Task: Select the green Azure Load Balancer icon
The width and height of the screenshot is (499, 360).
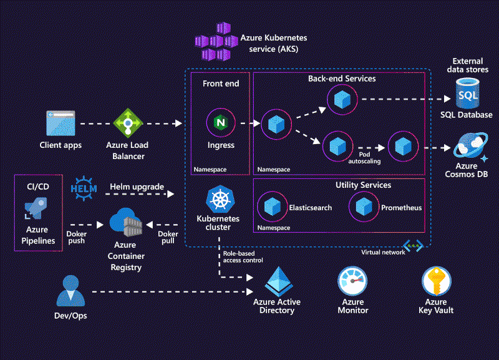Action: tap(128, 123)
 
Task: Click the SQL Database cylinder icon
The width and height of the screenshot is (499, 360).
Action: tap(467, 94)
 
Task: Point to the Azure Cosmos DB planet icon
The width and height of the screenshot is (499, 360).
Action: tap(468, 148)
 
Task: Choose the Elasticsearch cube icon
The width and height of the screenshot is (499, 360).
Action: tap(271, 207)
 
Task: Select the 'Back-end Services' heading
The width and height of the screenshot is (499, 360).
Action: tap(342, 79)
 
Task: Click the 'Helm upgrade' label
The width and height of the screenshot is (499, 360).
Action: tap(137, 187)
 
